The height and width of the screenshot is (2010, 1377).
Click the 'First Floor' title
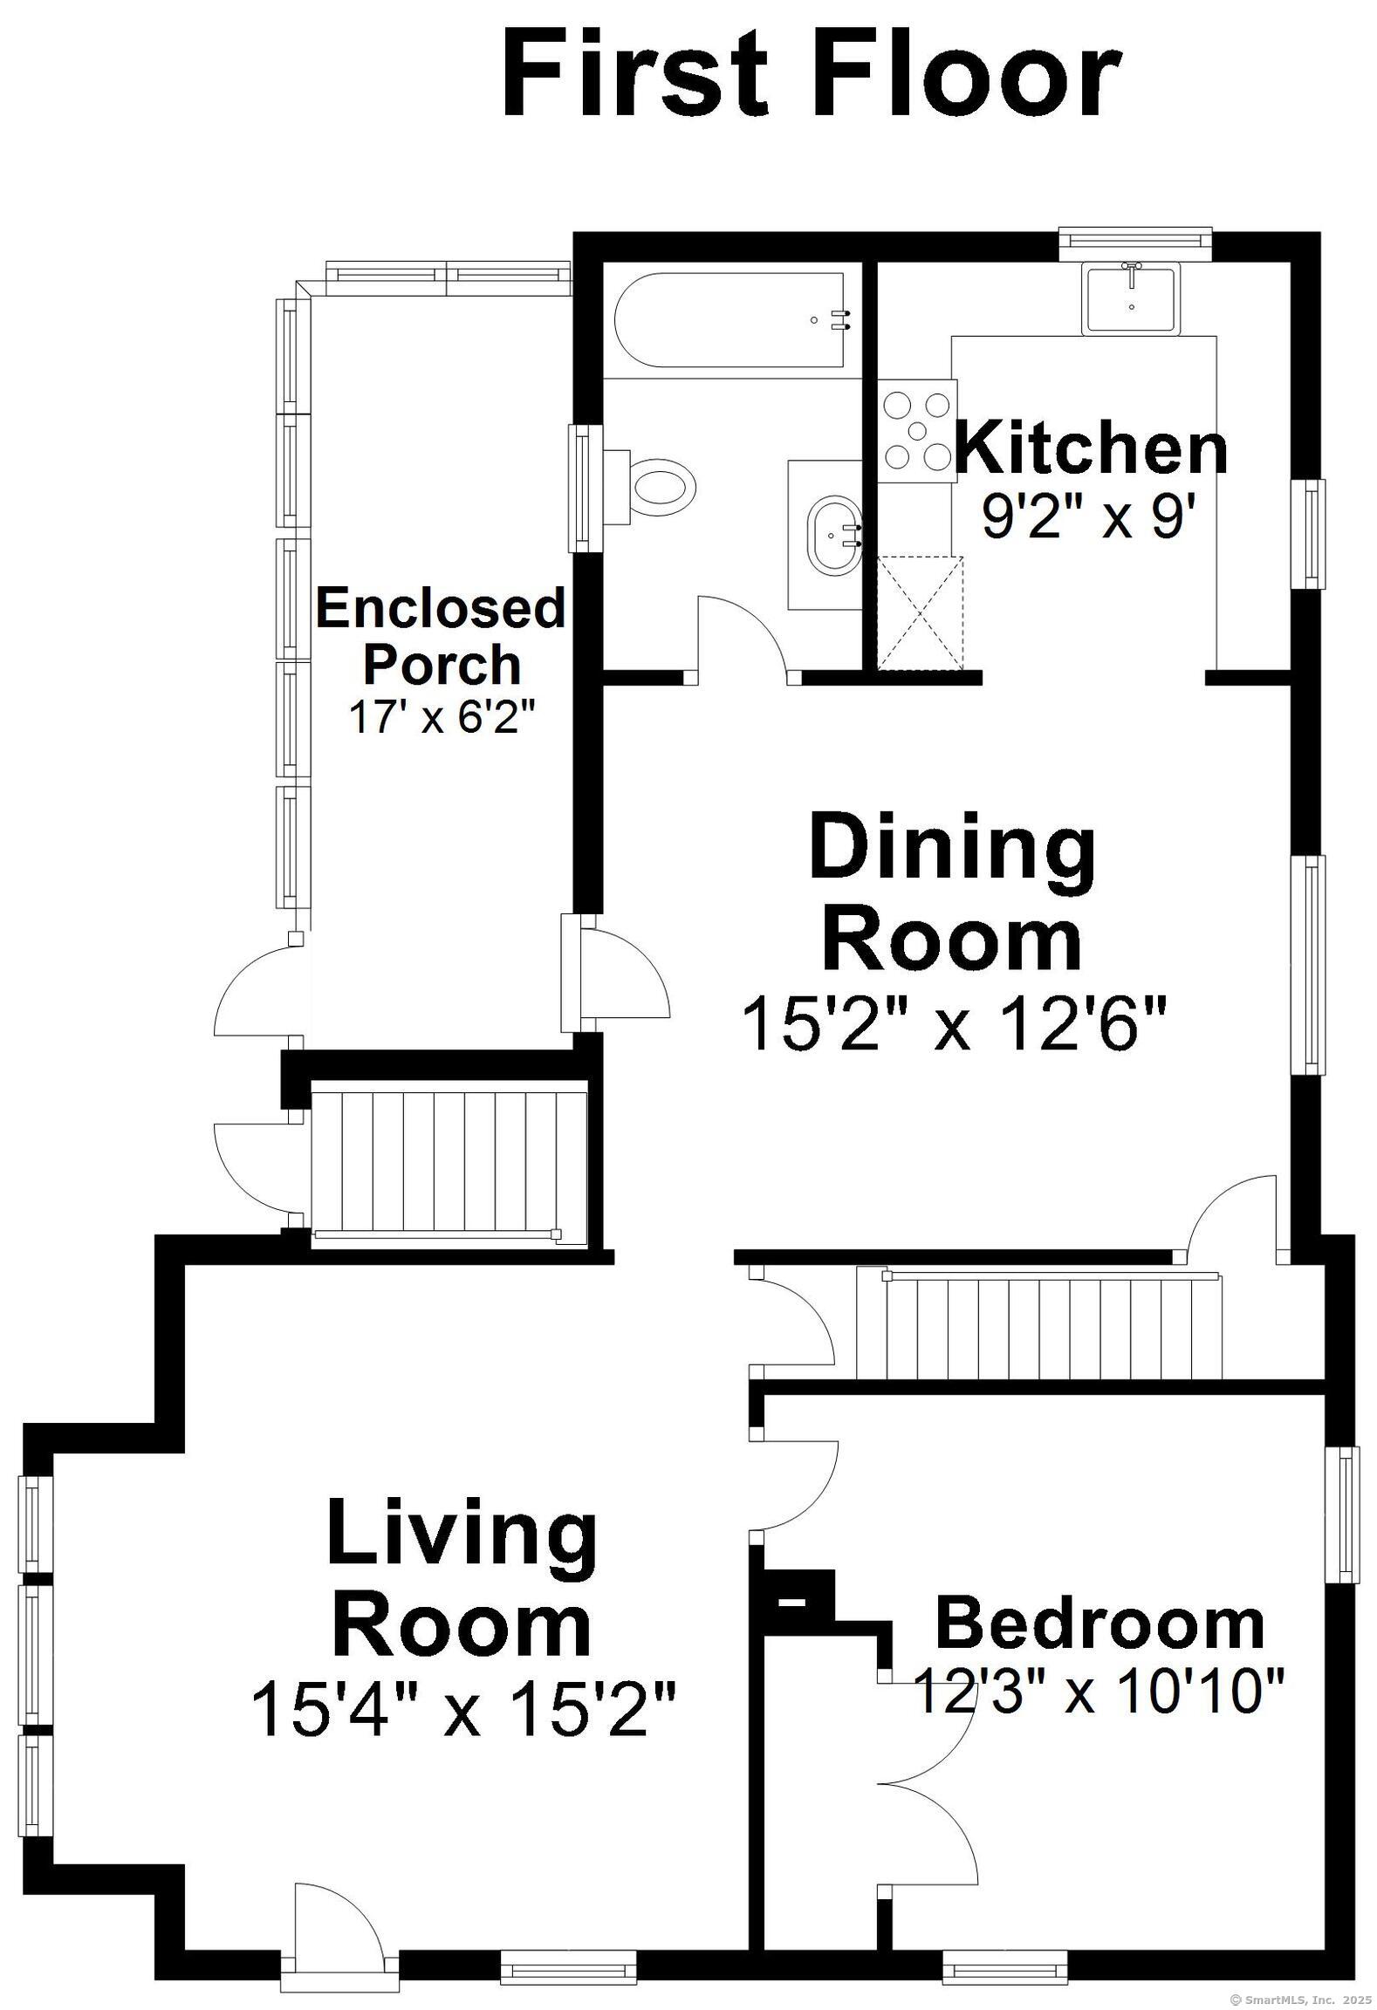(x=811, y=74)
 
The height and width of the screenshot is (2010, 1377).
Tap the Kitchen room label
(x=1092, y=448)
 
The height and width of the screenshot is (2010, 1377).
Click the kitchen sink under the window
(x=1132, y=297)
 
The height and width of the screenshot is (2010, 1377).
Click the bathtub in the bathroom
(x=730, y=320)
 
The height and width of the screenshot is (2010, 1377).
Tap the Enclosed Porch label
(x=441, y=637)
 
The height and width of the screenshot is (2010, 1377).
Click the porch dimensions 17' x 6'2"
(x=441, y=717)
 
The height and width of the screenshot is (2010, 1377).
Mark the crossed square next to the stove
(x=920, y=612)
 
